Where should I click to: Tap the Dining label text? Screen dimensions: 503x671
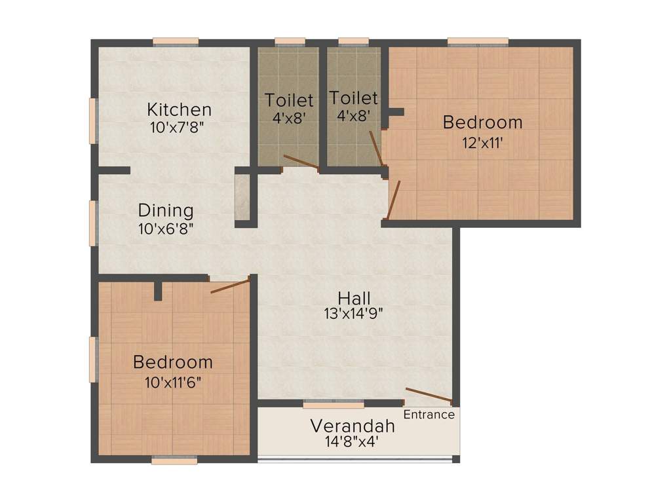click(x=166, y=211)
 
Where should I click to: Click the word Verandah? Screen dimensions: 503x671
click(x=353, y=426)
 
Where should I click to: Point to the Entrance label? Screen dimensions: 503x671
click(x=429, y=415)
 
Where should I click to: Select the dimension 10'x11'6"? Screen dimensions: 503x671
click(x=172, y=381)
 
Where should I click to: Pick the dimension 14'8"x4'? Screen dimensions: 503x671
click(x=352, y=442)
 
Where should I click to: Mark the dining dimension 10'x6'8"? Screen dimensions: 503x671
click(x=166, y=229)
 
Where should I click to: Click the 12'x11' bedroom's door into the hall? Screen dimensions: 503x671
click(x=394, y=200)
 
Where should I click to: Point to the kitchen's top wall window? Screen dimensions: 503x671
click(x=176, y=42)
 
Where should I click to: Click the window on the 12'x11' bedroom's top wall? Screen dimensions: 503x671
click(x=478, y=42)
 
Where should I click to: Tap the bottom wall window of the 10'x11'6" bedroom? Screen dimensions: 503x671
click(x=174, y=460)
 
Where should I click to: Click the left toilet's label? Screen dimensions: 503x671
click(x=289, y=101)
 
